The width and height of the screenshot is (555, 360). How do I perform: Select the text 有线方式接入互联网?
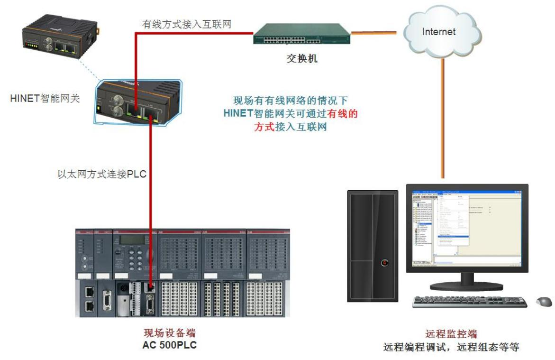pyautogui.click(x=186, y=24)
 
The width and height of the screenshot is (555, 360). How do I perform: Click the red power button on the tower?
pyautogui.click(x=384, y=262)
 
